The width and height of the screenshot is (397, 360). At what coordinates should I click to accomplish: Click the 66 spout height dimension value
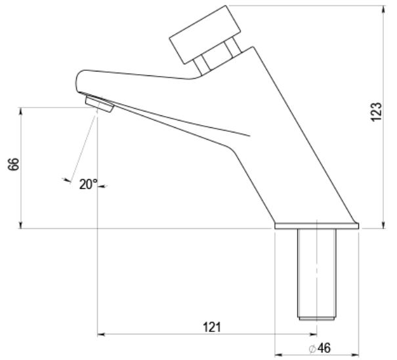point(14,165)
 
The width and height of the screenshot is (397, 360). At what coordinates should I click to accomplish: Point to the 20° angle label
point(88,184)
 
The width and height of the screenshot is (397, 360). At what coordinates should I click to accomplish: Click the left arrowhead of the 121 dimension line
point(101,334)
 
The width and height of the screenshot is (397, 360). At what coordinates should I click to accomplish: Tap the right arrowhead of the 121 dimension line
point(313,334)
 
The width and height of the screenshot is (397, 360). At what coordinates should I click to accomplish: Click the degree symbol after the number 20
point(96,182)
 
